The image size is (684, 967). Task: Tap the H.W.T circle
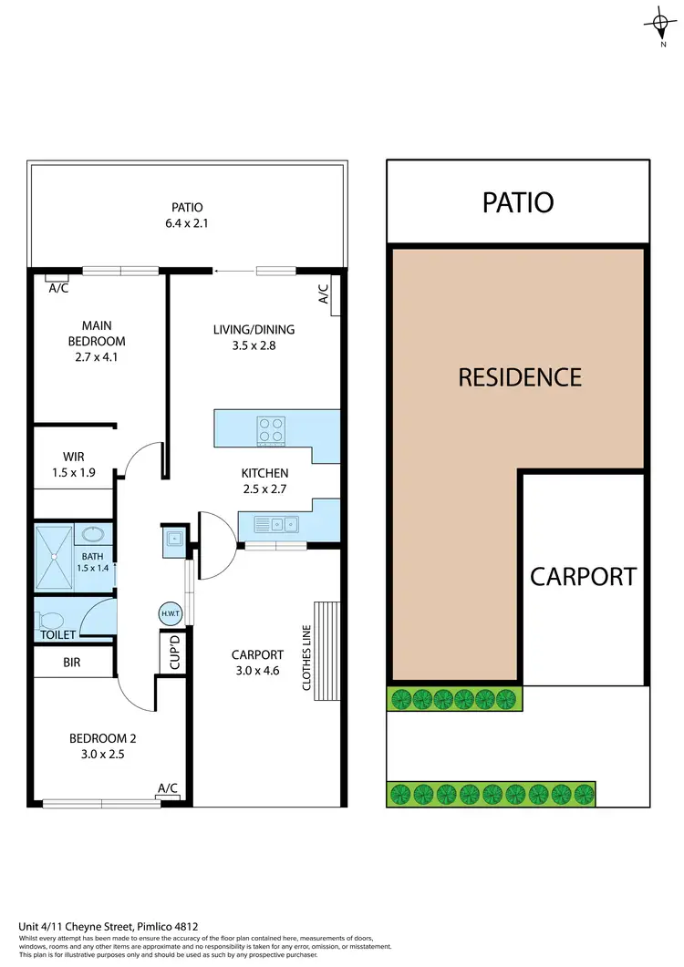point(171,614)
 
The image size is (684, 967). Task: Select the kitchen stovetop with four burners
point(271,428)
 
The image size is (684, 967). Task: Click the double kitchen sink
point(276,524)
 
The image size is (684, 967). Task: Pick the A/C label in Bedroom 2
point(168,788)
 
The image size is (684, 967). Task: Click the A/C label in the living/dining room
point(323,293)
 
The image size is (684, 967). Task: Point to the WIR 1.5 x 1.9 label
point(74,464)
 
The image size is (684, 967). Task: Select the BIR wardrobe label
point(72,663)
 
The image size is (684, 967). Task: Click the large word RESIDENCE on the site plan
point(520,376)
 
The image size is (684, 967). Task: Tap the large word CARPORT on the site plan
point(584,577)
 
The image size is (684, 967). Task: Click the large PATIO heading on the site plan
point(518,202)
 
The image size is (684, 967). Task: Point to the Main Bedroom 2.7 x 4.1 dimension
point(103,357)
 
